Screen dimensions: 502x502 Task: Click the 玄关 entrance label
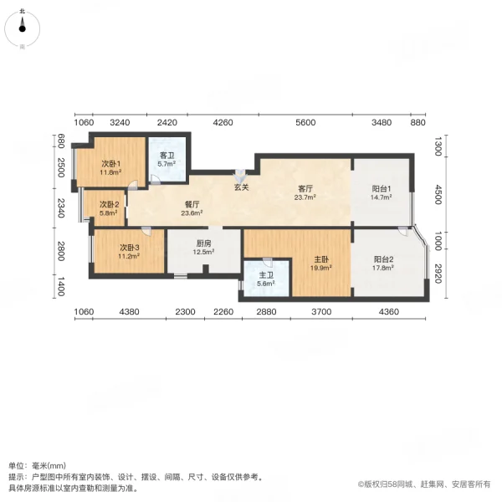pyautogui.click(x=242, y=187)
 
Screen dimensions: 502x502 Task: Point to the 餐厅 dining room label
pyautogui.click(x=192, y=207)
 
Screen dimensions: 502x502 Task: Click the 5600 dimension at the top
pyautogui.click(x=305, y=123)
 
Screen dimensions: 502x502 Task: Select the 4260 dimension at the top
pyautogui.click(x=223, y=123)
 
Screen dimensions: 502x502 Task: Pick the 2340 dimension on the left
pyautogui.click(x=60, y=206)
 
